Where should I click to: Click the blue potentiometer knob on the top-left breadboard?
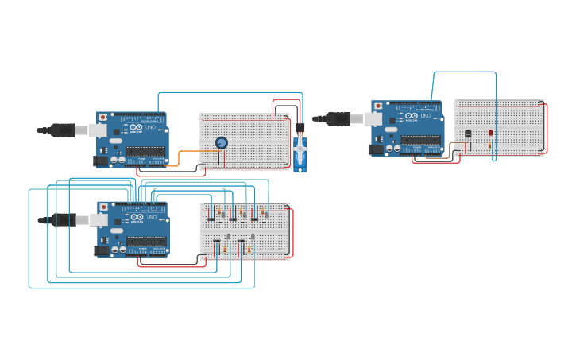coord(222,143)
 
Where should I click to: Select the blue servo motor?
coord(300,152)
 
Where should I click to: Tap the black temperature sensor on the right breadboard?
coord(468,134)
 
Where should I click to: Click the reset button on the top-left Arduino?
coord(102,117)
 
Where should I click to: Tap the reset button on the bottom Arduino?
coord(103,207)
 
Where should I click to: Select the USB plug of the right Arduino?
coord(338,118)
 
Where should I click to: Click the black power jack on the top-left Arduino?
coord(100,161)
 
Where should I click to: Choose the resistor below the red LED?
coord(491,144)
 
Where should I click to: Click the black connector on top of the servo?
coord(300,127)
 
